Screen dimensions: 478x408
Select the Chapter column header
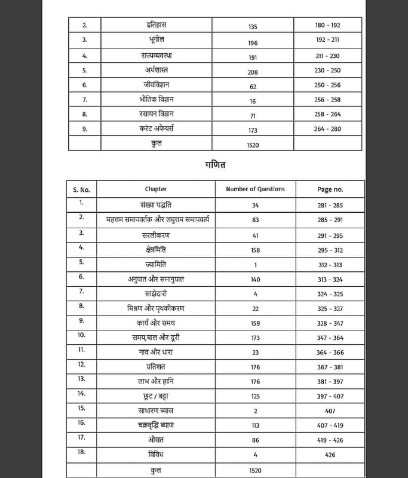pyautogui.click(x=155, y=189)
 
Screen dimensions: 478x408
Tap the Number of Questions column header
pyautogui.click(x=255, y=189)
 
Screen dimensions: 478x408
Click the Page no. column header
pyautogui.click(x=330, y=189)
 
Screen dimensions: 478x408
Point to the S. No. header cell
pyautogui.click(x=81, y=189)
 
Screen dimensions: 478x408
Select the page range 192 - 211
pyautogui.click(x=327, y=40)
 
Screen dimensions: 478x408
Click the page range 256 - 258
pyautogui.click(x=327, y=100)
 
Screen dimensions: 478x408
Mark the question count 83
pyautogui.click(x=255, y=220)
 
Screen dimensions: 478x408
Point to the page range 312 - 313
pyautogui.click(x=330, y=265)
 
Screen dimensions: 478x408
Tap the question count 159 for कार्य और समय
pyautogui.click(x=255, y=323)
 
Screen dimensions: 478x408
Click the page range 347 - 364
pyautogui.click(x=330, y=338)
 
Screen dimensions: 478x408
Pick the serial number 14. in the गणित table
pyautogui.click(x=81, y=394)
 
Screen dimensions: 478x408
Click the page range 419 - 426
pyautogui.click(x=330, y=440)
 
